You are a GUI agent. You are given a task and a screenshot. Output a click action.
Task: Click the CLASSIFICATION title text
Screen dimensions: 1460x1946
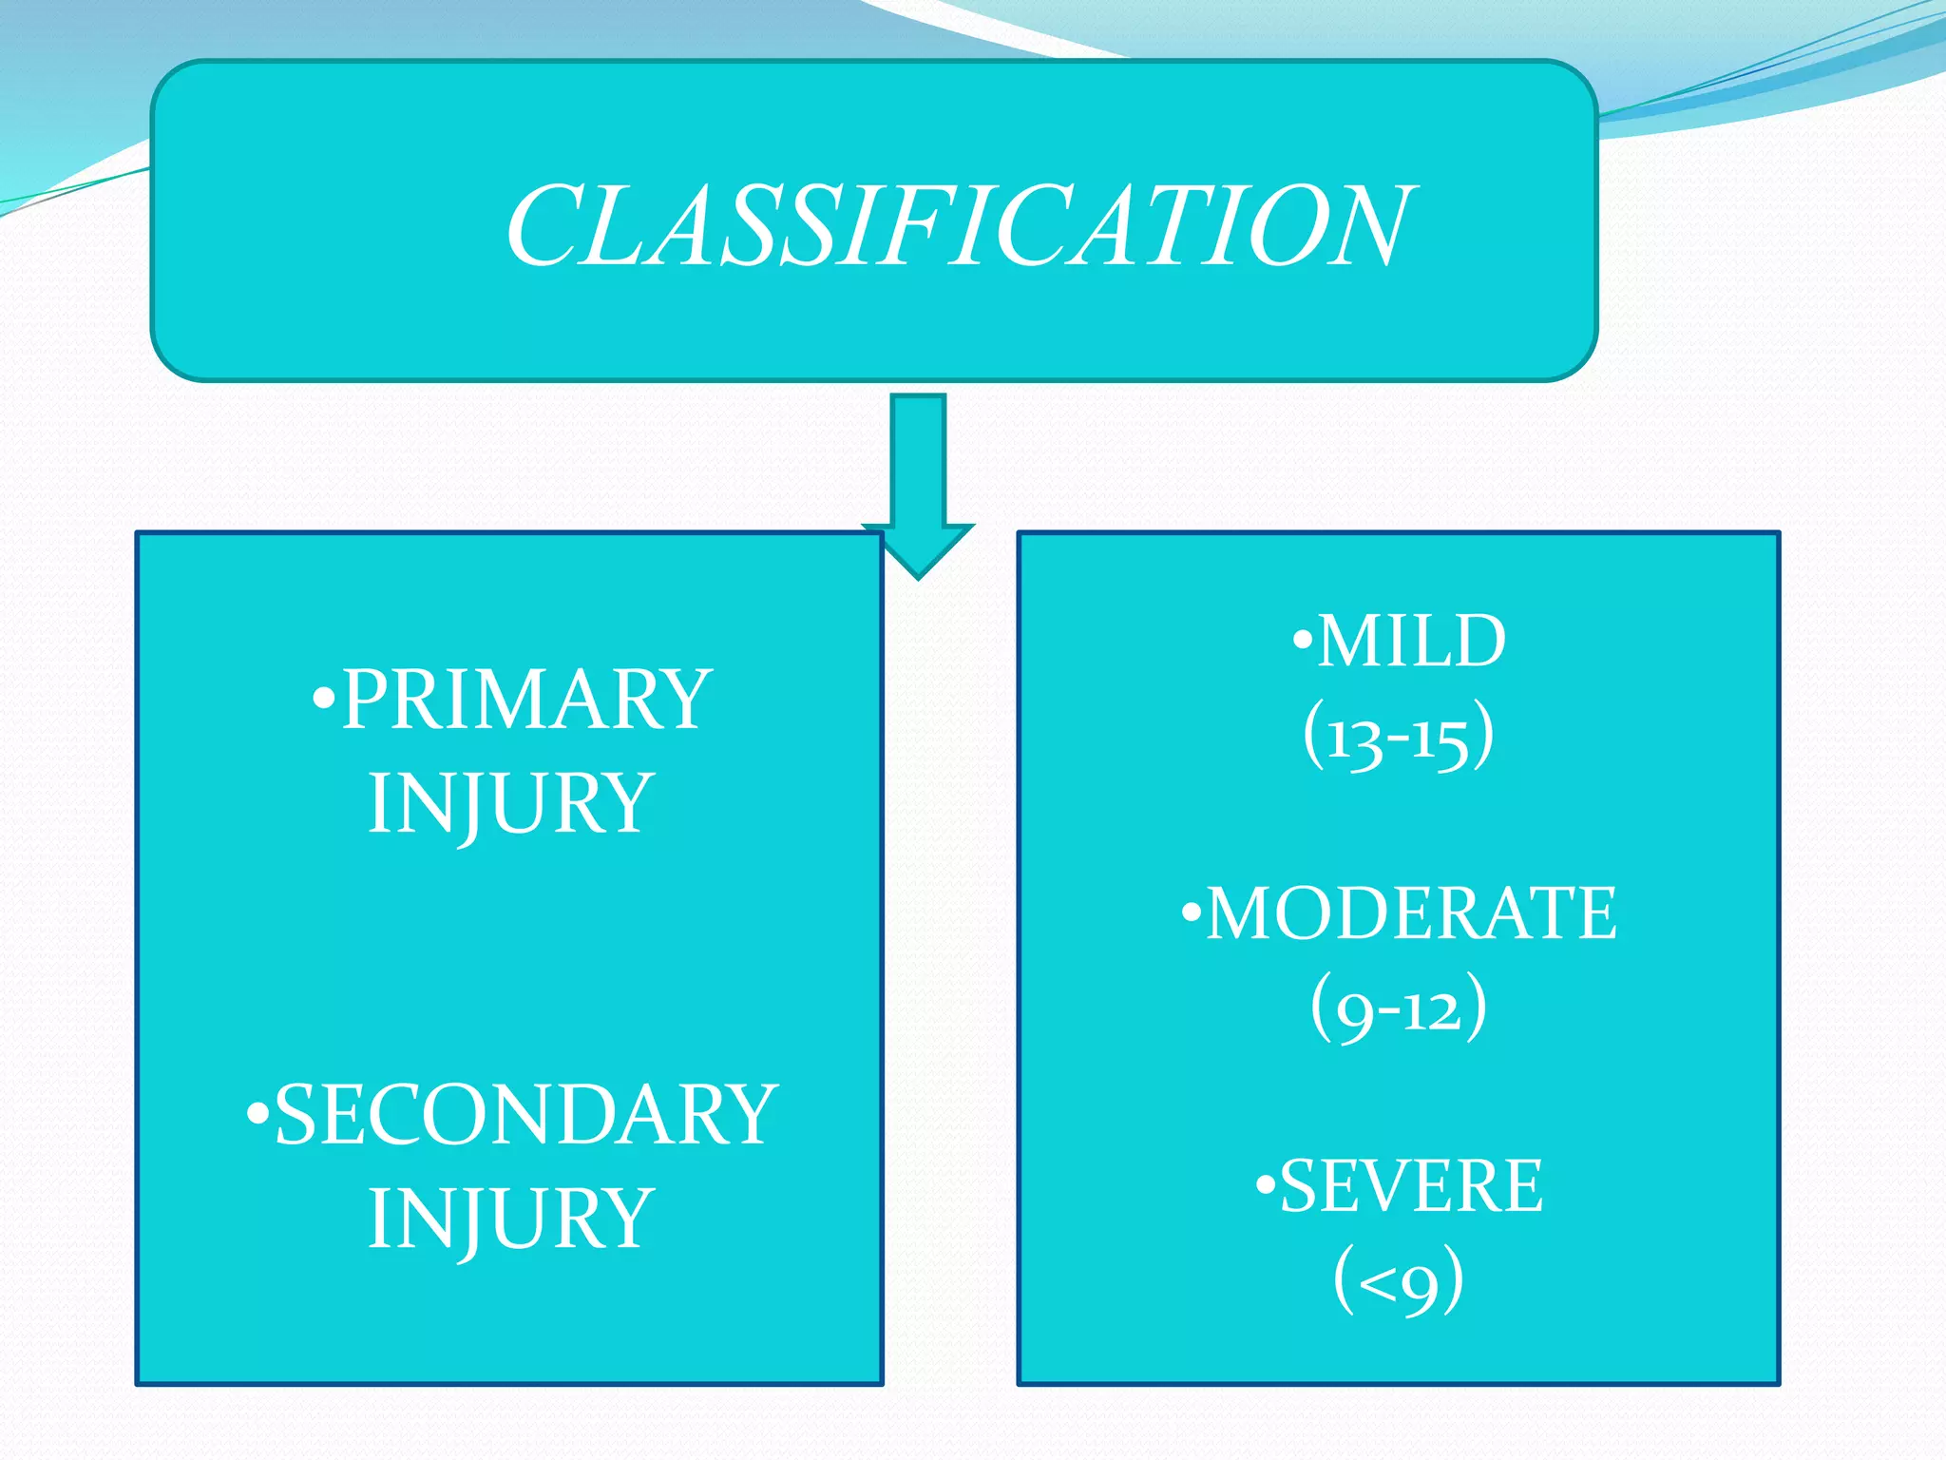click(x=960, y=226)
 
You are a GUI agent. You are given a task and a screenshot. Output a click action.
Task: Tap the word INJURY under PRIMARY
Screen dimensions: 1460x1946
click(x=510, y=804)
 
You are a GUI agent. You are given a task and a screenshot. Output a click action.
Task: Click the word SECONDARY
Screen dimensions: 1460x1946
click(x=525, y=1116)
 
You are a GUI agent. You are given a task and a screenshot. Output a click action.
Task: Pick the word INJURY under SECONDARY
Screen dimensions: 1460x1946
click(x=510, y=1219)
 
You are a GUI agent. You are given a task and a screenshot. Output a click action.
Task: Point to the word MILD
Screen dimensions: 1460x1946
click(x=1411, y=642)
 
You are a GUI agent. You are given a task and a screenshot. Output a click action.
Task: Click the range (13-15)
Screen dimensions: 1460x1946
click(x=1398, y=737)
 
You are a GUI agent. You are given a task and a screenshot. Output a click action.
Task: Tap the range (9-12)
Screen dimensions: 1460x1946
click(x=1398, y=1008)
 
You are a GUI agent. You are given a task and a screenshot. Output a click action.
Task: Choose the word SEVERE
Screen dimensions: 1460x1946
click(x=1411, y=1187)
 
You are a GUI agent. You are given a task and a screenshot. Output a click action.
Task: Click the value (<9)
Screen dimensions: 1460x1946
click(x=1398, y=1281)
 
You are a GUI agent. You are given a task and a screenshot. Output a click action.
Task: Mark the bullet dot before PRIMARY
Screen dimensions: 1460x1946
click(x=323, y=701)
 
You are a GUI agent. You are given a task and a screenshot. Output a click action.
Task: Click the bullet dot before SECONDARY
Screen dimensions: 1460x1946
click(x=257, y=1115)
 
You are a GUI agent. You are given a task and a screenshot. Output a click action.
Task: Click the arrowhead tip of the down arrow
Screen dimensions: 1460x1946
click(x=918, y=572)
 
